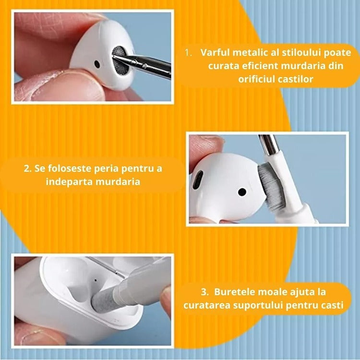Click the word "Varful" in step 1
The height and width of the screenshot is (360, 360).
(215, 53)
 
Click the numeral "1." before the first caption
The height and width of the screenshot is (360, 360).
(189, 53)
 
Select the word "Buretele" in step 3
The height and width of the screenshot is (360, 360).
(235, 292)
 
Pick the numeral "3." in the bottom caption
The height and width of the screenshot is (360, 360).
(205, 292)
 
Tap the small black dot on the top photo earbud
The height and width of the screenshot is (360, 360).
(97, 64)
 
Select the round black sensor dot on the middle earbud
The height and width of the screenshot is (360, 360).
(242, 192)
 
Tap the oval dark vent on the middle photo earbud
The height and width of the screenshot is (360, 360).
(198, 180)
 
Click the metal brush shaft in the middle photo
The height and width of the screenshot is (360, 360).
(269, 145)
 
